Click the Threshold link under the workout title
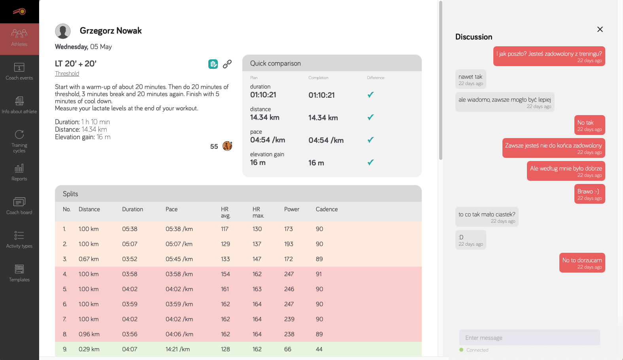tap(67, 74)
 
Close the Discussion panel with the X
tap(600, 29)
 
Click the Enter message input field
tap(529, 337)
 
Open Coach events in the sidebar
tap(19, 72)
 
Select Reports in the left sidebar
tap(19, 172)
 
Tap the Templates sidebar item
tap(19, 273)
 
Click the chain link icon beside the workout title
tap(227, 64)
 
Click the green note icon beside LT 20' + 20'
tap(213, 64)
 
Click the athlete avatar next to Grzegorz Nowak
tap(63, 31)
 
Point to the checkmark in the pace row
tap(370, 140)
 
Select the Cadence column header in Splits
tap(327, 209)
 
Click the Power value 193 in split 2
tap(289, 244)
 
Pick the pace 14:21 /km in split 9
tap(177, 349)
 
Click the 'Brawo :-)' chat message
tap(589, 194)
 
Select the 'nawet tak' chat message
tap(470, 79)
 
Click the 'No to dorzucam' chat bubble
tap(582, 263)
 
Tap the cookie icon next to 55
tap(227, 146)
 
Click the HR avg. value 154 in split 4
tap(225, 274)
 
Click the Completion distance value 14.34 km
tap(323, 118)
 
